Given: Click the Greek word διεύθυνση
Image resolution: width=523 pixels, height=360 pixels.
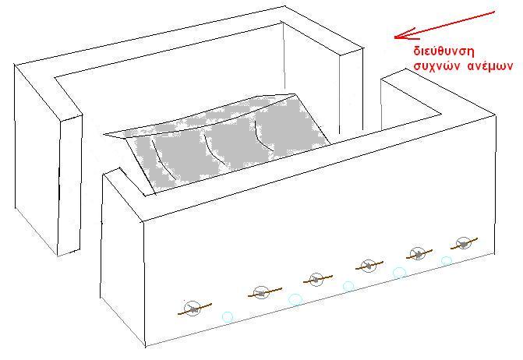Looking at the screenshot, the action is pos(443,51).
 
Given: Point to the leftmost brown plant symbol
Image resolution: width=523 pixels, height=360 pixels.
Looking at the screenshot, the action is pos(194,309).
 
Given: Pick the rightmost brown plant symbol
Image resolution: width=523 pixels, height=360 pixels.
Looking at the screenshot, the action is pos(464,243).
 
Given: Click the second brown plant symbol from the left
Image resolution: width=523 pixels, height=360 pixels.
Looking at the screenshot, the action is pos(264,292).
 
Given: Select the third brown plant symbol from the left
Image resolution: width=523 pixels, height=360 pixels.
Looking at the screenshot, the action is pos(317,279).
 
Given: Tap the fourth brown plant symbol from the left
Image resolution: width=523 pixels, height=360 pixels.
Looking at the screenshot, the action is pos(369,266).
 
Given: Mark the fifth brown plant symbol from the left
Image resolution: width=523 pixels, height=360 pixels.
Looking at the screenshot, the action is pos(419,254).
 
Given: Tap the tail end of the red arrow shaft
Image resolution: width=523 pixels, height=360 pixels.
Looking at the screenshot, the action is pos(494,12).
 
